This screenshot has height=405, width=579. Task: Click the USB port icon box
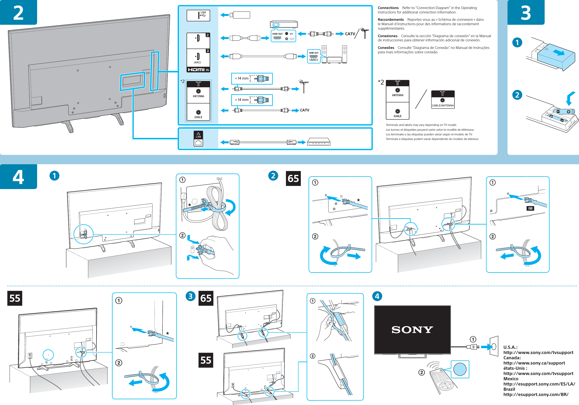(198, 15)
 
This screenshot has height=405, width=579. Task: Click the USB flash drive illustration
(241, 15)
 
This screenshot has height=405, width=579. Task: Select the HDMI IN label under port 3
(198, 70)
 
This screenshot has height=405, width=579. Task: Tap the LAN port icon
(198, 139)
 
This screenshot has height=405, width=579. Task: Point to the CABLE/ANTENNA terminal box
(443, 99)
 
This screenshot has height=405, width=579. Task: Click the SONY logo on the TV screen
(412, 329)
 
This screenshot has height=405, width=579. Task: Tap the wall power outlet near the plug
(494, 346)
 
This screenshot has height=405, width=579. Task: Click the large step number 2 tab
(18, 12)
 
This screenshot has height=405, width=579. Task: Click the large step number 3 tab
(526, 12)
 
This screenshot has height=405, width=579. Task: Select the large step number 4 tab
(18, 177)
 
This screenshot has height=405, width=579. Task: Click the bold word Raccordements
(391, 20)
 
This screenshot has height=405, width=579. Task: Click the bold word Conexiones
(388, 36)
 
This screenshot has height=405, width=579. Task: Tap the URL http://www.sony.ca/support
(534, 363)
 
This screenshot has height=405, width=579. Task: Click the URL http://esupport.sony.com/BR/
(536, 394)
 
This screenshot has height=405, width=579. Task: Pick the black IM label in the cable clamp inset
(530, 208)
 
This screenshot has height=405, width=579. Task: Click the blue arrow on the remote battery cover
(559, 52)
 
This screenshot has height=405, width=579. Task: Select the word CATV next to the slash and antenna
(350, 34)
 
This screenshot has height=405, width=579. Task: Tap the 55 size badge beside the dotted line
(15, 298)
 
